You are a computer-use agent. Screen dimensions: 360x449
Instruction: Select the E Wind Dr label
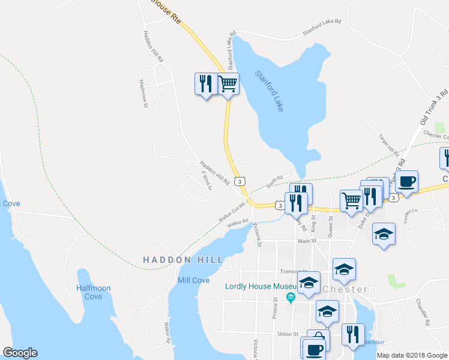pos(206,179)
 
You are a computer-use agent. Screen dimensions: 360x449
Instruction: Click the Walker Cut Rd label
pos(232,214)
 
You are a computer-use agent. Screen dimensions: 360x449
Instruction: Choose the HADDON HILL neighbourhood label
pos(183,260)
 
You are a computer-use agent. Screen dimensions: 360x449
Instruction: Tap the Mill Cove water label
pos(193,280)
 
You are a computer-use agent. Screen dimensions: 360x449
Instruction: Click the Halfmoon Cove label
pos(94,292)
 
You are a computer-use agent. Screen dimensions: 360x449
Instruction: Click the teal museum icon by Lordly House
pos(291,298)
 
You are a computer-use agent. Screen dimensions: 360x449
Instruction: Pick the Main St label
pos(307,241)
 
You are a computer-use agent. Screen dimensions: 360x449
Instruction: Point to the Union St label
pos(288,334)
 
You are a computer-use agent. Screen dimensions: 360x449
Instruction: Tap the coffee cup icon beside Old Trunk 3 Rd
pos(406,181)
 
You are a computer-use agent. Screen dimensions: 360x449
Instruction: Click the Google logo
pos(20,353)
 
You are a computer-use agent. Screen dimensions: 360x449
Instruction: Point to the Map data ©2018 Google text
pos(412,355)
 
